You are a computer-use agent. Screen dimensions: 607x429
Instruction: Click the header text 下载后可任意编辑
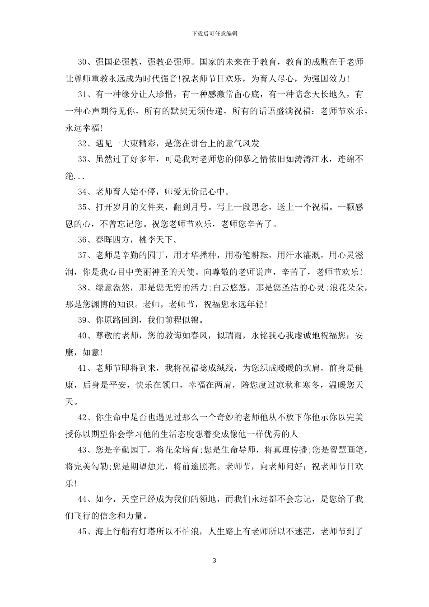click(214, 33)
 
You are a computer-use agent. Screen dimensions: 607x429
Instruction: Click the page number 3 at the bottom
click(214, 560)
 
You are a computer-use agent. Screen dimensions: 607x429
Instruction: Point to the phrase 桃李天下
click(155, 239)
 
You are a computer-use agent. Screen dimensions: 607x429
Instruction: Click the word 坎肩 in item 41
click(306, 368)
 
